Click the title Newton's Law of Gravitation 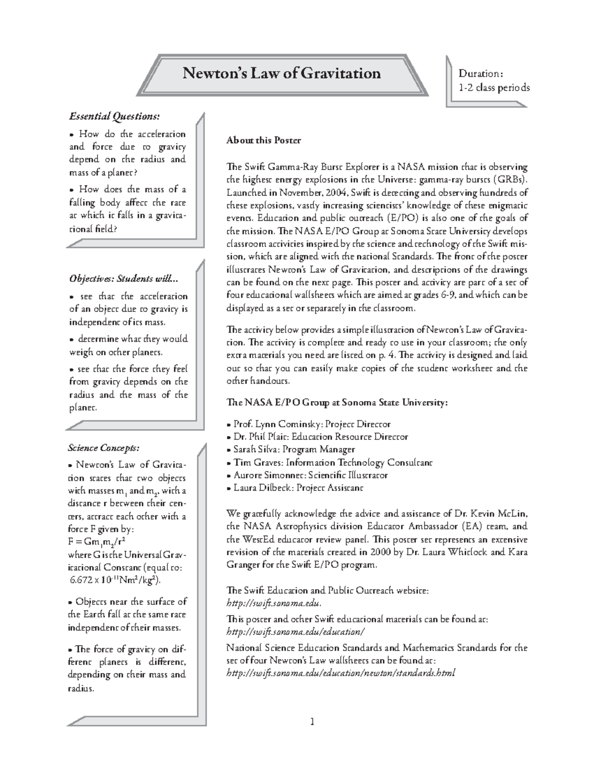point(282,73)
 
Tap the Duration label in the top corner point(481,74)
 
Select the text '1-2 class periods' point(494,88)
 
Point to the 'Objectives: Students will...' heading point(123,278)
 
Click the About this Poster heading point(263,140)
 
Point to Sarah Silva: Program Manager point(291,450)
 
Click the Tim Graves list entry point(329,462)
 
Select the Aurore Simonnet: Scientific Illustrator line point(307,475)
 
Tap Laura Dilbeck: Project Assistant point(295,488)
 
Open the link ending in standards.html point(340,673)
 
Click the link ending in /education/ point(295,632)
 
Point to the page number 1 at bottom point(312,721)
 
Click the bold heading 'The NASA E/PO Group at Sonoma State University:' point(337,403)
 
